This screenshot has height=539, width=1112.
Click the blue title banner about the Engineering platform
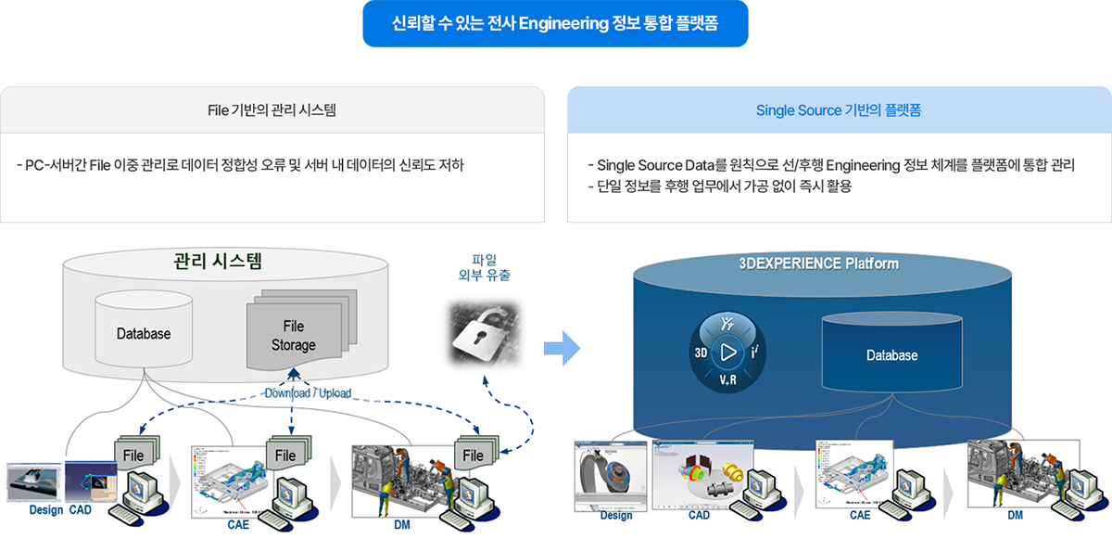555,23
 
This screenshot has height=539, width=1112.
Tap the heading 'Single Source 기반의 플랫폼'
839,110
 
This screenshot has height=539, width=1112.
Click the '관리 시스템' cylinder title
218,261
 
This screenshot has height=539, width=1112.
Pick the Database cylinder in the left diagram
144,332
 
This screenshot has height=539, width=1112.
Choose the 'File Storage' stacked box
293,335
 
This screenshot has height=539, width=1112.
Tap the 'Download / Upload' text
308,392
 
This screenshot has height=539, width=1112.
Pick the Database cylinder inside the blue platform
891,354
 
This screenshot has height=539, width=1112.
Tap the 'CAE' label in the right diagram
861,515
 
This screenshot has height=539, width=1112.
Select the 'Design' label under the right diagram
616,515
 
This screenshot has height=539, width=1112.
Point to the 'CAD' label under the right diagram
699,515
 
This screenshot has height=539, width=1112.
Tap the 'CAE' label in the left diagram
239,524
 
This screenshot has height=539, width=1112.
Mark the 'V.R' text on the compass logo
727,381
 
